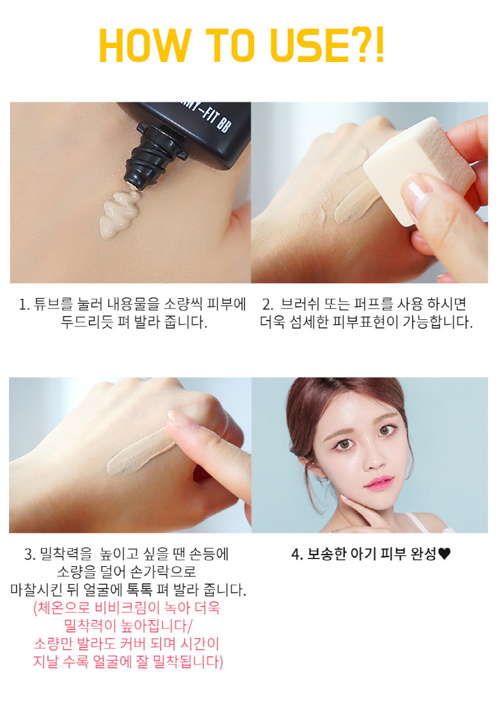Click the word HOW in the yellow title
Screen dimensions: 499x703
144,45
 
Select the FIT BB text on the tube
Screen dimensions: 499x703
215,119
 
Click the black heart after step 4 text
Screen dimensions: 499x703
444,555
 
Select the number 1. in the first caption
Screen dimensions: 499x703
24,304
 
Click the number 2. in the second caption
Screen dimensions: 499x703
267,304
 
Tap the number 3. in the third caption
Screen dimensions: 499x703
29,555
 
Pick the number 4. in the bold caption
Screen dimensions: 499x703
297,555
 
